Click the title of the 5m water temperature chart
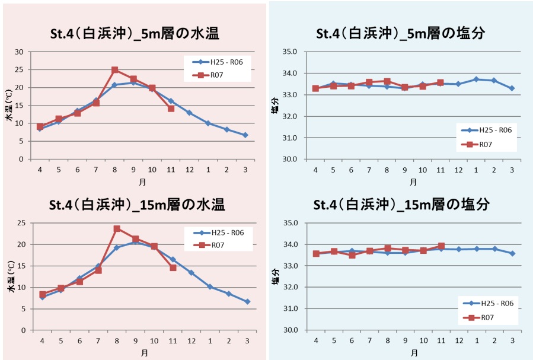tap(135, 34)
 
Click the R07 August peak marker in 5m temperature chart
tap(115, 70)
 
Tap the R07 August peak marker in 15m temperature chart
tap(117, 228)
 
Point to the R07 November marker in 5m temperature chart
tap(171, 109)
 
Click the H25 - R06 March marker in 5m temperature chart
tap(245, 135)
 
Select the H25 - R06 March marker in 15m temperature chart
tap(247, 301)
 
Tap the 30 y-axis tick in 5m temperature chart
tap(19, 52)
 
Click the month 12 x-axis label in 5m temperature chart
tap(189, 170)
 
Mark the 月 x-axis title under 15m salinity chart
tap(413, 352)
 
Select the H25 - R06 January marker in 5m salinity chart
tap(475, 79)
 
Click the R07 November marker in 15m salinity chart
tap(441, 246)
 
